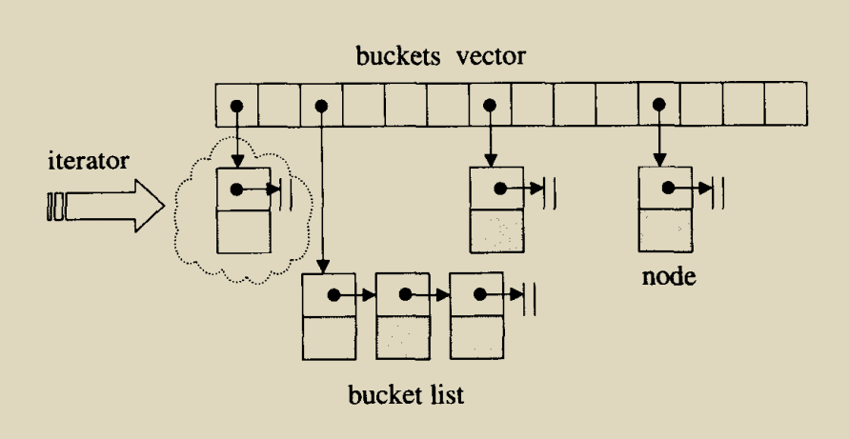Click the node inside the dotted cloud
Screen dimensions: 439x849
(243, 210)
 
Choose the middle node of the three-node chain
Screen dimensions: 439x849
(403, 316)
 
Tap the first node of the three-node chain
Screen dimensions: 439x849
(329, 316)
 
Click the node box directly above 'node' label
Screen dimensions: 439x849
(664, 210)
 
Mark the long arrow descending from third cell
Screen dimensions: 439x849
(324, 190)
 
